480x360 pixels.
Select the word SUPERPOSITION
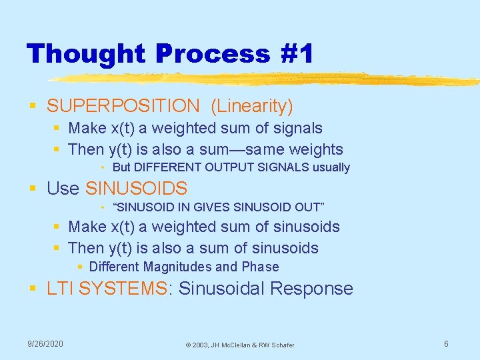pyautogui.click(x=123, y=105)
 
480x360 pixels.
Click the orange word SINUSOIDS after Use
pyautogui.click(x=137, y=189)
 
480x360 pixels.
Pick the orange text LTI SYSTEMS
pyautogui.click(x=107, y=289)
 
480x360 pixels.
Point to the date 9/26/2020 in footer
pyautogui.click(x=45, y=343)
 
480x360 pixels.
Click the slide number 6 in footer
pyautogui.click(x=446, y=343)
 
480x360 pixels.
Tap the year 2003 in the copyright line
pyautogui.click(x=202, y=345)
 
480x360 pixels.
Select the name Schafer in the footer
pyautogui.click(x=280, y=345)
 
